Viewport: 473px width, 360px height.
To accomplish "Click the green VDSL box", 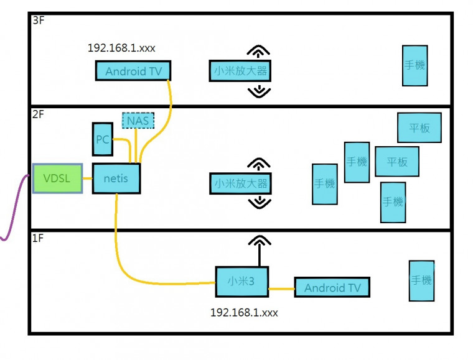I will [57, 178].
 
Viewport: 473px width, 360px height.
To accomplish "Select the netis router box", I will [116, 178].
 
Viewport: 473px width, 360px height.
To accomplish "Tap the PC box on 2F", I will [103, 139].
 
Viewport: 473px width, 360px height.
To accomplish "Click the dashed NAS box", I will [138, 119].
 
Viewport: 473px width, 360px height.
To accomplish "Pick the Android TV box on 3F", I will [133, 71].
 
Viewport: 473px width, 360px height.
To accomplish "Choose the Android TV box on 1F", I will [332, 287].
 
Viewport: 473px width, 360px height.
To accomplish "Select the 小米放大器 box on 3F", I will [240, 71].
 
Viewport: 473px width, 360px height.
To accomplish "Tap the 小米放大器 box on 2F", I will [240, 183].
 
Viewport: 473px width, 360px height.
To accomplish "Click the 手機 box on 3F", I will [414, 65].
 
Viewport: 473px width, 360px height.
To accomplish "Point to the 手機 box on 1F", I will [421, 281].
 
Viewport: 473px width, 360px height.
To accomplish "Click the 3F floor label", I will [38, 21].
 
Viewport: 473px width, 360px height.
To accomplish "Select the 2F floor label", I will [38, 114].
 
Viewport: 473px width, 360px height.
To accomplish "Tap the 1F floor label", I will [38, 238].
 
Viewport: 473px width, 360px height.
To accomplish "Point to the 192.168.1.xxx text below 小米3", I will [244, 312].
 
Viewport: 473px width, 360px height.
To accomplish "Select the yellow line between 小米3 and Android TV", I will [281, 288].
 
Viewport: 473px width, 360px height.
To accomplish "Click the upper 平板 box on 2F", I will [419, 127].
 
